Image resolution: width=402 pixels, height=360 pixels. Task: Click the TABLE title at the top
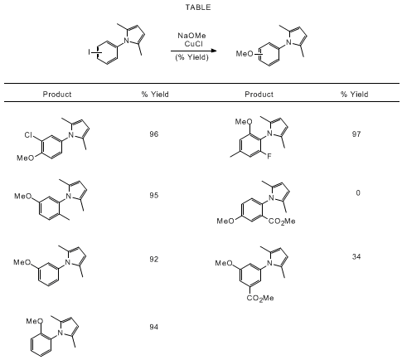[x=198, y=7]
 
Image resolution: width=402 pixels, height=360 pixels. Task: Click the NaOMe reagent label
[x=191, y=36]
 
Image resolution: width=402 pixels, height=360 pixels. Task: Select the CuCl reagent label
[x=194, y=44]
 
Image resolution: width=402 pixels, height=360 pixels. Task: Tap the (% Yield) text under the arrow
[x=191, y=57]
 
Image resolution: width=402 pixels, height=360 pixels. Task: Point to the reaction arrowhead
[x=213, y=51]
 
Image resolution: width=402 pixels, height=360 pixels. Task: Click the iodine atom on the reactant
[x=90, y=51]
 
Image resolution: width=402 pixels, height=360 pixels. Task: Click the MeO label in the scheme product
[x=245, y=54]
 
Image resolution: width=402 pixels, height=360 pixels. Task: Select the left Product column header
[x=57, y=95]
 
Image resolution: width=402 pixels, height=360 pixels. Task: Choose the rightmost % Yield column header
[x=354, y=95]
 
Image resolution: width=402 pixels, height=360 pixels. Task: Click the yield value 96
[x=154, y=134]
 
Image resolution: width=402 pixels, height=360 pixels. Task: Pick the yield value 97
[x=356, y=134]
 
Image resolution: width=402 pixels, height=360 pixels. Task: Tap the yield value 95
[x=154, y=196]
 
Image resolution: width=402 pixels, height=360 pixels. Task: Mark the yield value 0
[x=358, y=192]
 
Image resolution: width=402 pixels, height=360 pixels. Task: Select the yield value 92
[x=154, y=260]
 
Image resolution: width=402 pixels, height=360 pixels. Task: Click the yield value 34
[x=356, y=256]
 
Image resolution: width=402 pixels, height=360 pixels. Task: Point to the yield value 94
[x=154, y=327]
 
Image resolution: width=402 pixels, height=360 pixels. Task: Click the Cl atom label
[x=29, y=135]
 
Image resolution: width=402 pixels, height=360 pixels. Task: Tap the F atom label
[x=269, y=157]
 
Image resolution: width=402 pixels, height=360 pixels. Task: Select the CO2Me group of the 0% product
[x=282, y=221]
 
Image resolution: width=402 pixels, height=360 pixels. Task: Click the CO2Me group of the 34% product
[x=260, y=298]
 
